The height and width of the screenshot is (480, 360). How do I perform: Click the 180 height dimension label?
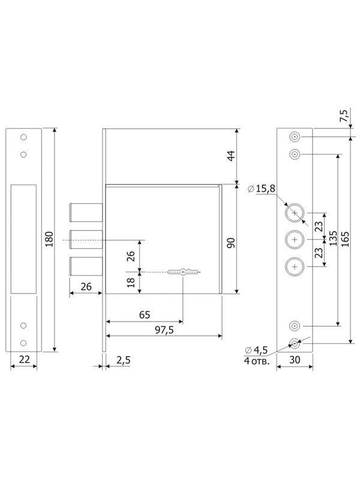(49, 239)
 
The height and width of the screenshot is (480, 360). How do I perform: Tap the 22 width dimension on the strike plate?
(24, 359)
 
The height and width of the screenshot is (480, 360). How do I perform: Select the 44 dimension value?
(232, 155)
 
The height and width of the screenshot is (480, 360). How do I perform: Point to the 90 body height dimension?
(232, 242)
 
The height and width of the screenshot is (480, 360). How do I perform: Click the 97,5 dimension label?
(164, 329)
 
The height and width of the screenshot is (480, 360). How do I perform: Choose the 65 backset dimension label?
(145, 314)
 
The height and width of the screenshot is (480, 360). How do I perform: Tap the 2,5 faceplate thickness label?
(124, 360)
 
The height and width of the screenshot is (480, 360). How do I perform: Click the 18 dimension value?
(131, 282)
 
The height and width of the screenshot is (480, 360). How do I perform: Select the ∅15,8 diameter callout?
(261, 188)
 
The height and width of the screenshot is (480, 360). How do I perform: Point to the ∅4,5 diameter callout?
(256, 350)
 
